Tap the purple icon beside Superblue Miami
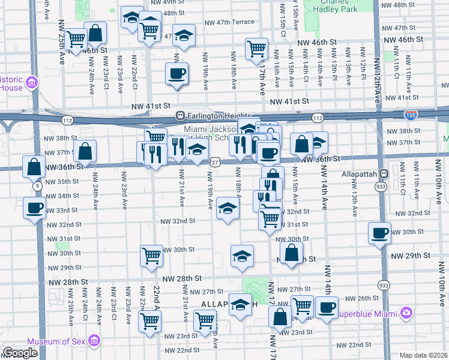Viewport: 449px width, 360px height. click(407, 313)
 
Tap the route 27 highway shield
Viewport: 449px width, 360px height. click(214, 162)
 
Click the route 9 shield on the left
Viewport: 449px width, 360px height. click(38, 187)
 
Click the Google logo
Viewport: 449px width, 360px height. click(19, 353)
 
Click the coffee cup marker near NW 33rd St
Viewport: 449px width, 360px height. click(34, 208)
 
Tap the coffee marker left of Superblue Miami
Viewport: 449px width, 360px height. click(327, 307)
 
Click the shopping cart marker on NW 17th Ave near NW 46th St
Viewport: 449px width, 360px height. click(256, 48)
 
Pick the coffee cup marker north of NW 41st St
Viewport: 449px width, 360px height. click(176, 74)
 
